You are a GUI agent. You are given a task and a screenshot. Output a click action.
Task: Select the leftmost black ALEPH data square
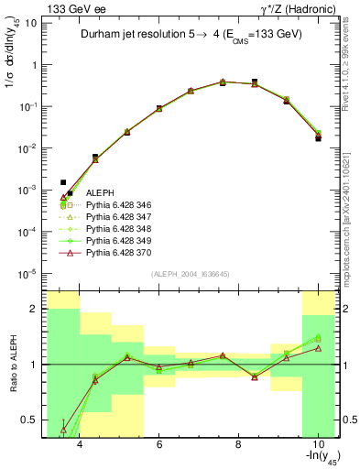pyautogui.click(x=63, y=182)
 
